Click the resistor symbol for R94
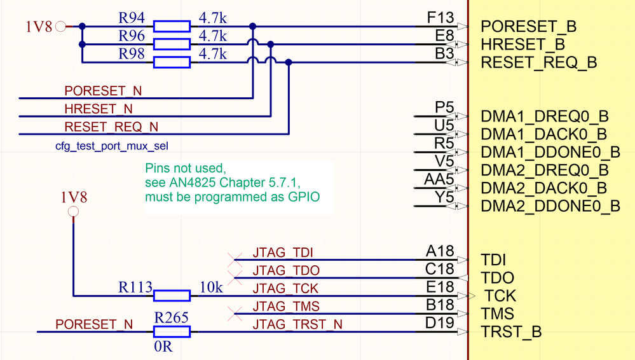172,26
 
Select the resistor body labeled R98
172,62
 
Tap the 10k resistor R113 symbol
172,295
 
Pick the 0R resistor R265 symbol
172,331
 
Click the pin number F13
440,17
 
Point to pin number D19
440,323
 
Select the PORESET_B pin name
529,27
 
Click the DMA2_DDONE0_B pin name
550,206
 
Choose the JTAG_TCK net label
285,288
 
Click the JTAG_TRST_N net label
297,324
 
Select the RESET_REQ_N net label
112,127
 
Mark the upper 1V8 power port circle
60,27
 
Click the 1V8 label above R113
74,197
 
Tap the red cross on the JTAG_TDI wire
235,259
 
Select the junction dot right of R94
253,27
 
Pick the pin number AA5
439,179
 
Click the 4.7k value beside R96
212,36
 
